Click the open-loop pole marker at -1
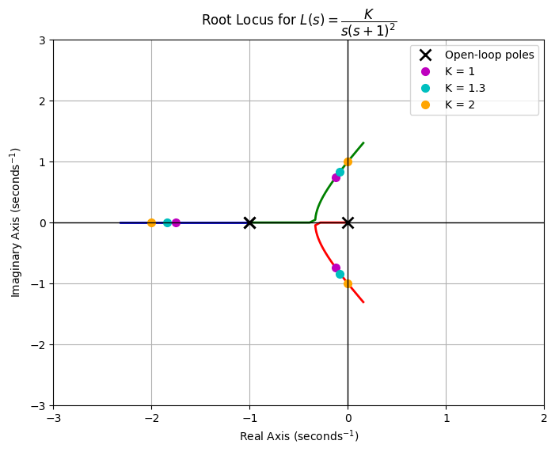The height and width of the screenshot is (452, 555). [x=249, y=222]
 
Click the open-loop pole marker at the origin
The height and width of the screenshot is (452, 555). [x=348, y=222]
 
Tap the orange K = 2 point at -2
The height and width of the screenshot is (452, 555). [x=151, y=222]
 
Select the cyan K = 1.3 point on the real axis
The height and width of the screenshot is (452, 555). [x=167, y=222]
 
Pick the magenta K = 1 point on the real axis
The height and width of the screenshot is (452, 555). [x=176, y=222]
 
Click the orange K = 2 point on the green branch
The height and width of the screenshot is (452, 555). [x=348, y=161]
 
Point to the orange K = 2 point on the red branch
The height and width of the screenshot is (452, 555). [x=348, y=283]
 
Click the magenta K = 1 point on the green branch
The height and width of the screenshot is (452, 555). [x=336, y=177]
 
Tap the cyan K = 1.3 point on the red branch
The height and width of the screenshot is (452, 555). [x=340, y=274]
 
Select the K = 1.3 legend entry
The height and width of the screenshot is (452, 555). [x=465, y=88]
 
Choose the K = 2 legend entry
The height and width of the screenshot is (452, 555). [x=459, y=104]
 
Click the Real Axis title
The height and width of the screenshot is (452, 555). [x=298, y=436]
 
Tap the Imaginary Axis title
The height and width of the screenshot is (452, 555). [x=16, y=222]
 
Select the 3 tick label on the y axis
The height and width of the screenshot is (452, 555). [x=41, y=40]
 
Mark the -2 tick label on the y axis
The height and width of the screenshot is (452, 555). [x=37, y=344]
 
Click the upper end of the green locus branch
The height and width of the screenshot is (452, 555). [x=363, y=142]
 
